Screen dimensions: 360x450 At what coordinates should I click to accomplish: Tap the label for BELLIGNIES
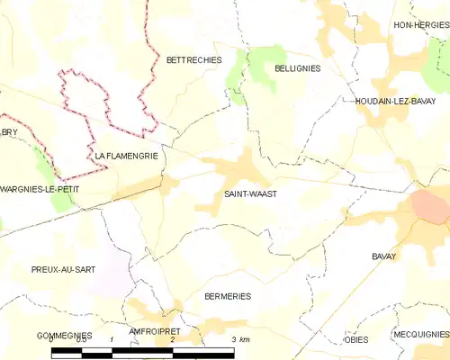[x=297, y=67]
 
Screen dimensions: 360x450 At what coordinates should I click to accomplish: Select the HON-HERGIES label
[x=420, y=25]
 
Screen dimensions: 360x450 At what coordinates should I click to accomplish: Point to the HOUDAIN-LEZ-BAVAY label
[x=395, y=101]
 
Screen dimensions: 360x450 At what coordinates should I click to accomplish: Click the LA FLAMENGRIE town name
[x=126, y=156]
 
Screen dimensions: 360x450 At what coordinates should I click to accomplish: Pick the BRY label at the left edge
[x=9, y=132]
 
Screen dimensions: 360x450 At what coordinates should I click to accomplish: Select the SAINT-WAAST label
[x=244, y=193]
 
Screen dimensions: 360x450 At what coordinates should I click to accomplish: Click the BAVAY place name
[x=384, y=256]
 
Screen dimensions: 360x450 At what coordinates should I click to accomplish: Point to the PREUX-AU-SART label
[x=62, y=269]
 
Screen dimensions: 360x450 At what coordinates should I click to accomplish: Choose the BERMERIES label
[x=227, y=296]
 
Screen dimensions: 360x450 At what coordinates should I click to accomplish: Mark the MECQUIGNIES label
[x=420, y=334]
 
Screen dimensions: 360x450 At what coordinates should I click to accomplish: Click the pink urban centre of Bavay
[x=431, y=208]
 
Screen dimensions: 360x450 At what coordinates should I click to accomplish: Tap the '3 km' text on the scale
[x=239, y=339]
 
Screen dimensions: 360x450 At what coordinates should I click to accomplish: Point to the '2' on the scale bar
[x=171, y=339]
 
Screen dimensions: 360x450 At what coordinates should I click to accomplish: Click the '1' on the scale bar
[x=111, y=339]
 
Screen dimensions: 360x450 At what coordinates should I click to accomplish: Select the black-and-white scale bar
[x=142, y=350]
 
